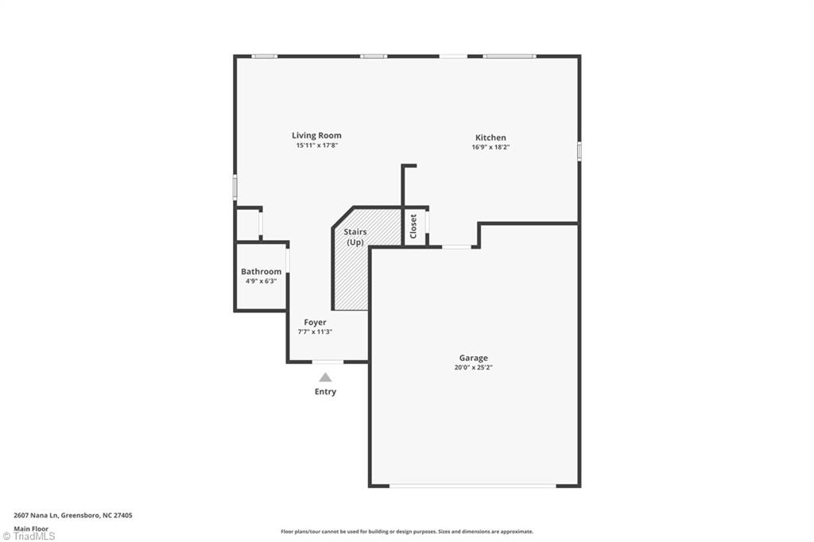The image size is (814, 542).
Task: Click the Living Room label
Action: (316, 136)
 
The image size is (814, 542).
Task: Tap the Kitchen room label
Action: (490, 137)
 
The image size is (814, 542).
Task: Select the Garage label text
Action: (473, 358)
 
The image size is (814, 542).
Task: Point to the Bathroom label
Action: (261, 272)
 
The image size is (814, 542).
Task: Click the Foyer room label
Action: (315, 323)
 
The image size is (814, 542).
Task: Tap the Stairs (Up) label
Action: (355, 237)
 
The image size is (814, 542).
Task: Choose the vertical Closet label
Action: (413, 226)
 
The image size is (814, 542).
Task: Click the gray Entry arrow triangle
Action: (325, 377)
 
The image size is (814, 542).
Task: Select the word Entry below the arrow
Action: (325, 392)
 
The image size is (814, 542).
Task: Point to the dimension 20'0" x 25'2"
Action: (473, 368)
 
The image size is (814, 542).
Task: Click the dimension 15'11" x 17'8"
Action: (316, 145)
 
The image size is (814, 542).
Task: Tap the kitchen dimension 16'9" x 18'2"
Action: (490, 147)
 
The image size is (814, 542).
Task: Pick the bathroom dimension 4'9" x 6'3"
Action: (261, 281)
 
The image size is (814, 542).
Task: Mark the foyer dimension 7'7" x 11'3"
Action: (315, 332)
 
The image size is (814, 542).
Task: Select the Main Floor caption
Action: (29, 528)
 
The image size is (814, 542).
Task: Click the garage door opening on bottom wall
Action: (473, 486)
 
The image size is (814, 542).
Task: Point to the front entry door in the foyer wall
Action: (327, 362)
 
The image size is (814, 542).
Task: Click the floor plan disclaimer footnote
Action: (406, 532)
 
